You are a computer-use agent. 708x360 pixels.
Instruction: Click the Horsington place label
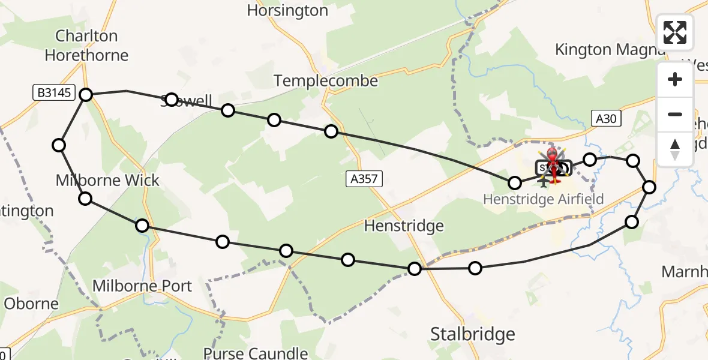tap(287, 10)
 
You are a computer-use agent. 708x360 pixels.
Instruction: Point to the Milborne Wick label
tap(107, 180)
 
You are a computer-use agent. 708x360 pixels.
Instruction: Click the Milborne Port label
tap(142, 286)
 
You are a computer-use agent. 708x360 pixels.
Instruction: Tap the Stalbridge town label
tap(473, 334)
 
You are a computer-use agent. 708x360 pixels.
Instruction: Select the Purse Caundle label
tap(256, 353)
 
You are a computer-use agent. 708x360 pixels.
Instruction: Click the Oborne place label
tap(31, 303)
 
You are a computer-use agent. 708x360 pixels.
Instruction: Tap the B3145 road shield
tap(53, 93)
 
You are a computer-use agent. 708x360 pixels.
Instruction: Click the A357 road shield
tap(364, 178)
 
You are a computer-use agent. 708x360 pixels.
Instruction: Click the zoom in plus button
tap(675, 79)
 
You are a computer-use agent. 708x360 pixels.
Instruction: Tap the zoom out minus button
tap(675, 114)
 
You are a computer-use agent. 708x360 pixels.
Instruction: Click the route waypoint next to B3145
tap(86, 94)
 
